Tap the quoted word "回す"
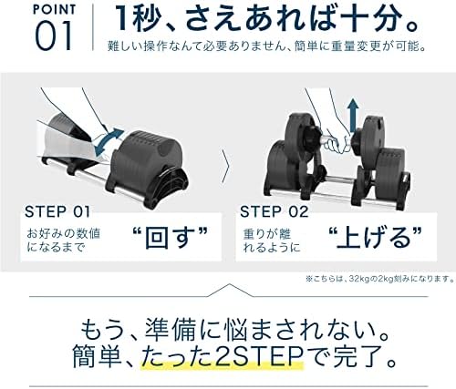(x=171, y=236)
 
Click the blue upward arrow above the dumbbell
(x=353, y=115)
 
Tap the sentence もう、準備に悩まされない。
(x=228, y=324)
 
